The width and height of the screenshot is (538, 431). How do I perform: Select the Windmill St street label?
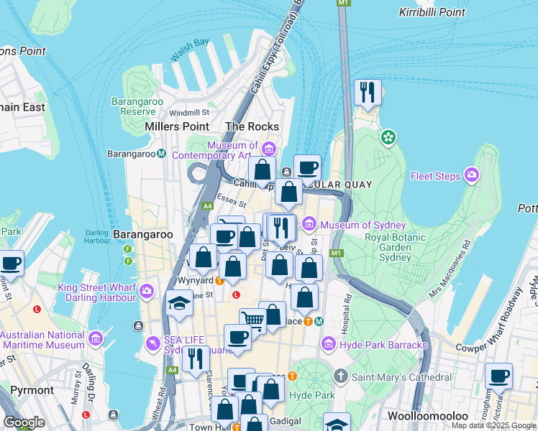coord(189,112)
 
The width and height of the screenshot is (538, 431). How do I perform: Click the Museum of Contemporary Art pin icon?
coord(268,149)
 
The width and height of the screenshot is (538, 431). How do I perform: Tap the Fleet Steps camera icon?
coord(472,175)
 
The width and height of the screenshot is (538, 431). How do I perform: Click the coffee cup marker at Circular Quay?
coord(307,168)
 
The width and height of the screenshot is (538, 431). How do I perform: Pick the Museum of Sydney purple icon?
coord(310,225)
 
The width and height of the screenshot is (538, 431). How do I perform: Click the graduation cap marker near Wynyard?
coord(179,305)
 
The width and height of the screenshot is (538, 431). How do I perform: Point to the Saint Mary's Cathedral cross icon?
coord(341,376)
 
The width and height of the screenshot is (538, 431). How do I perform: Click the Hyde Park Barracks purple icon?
coord(330,345)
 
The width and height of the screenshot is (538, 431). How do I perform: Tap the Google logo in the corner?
coord(24,422)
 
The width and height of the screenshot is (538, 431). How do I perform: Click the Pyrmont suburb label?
coord(32,390)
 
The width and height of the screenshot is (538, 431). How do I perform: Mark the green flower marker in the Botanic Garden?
coord(388,137)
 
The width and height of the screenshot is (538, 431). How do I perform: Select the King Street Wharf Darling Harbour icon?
coord(147,291)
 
